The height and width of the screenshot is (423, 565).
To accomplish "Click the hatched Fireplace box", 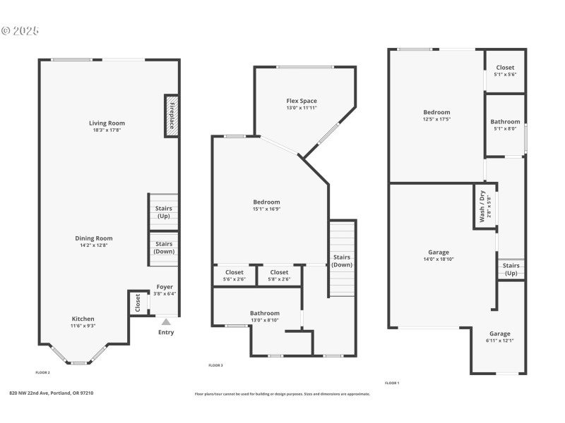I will tap(170, 116).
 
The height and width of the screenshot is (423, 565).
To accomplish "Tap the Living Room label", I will tap(107, 123).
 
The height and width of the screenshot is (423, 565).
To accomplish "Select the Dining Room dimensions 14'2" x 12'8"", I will tap(94, 246).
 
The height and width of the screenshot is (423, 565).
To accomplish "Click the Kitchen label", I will tap(82, 319).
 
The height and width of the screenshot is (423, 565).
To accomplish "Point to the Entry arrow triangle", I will tap(166, 322).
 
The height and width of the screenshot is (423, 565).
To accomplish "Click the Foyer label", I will tap(164, 287).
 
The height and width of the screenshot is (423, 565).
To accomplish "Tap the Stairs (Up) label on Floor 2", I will tap(164, 212).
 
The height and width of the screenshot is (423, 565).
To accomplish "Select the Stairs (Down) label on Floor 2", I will tap(164, 247).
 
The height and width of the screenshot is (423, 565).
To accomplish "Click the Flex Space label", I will tap(302, 101).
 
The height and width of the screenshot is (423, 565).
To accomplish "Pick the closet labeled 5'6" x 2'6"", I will tap(234, 276).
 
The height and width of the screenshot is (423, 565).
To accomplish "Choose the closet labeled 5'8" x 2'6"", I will tap(279, 276).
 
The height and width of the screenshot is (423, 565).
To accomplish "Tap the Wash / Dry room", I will tap(484, 207).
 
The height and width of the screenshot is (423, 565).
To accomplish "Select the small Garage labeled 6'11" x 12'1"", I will tap(500, 337).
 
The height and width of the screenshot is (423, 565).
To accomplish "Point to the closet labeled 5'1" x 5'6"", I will tap(505, 70).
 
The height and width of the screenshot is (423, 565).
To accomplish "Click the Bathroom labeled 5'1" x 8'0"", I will tap(505, 125).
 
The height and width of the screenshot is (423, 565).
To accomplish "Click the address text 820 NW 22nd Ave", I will tap(51, 393).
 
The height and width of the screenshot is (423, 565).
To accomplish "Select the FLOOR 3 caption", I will tap(215, 365).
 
